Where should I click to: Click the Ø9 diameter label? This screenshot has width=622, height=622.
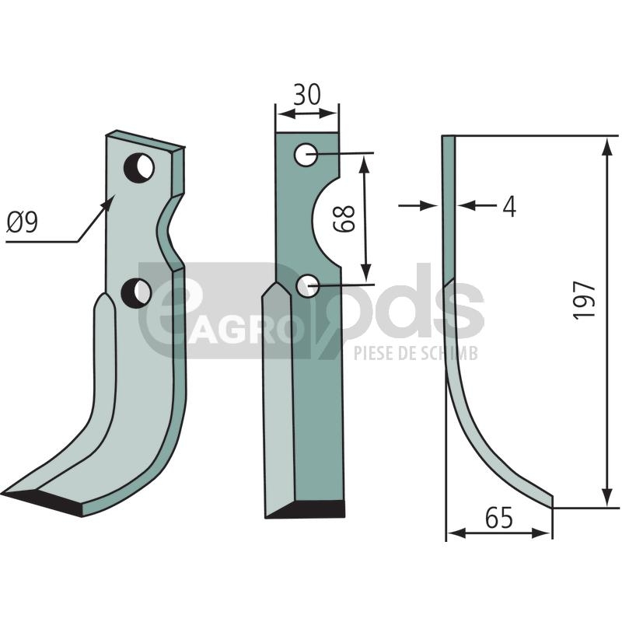23,222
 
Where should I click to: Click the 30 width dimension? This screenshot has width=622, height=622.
306,94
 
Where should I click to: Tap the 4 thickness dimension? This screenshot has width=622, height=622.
509,206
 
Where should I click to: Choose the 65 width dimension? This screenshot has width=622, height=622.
498,517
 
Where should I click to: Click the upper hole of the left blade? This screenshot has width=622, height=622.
139,167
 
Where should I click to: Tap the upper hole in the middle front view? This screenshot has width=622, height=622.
306,154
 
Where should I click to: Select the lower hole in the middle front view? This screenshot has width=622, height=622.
307,286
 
